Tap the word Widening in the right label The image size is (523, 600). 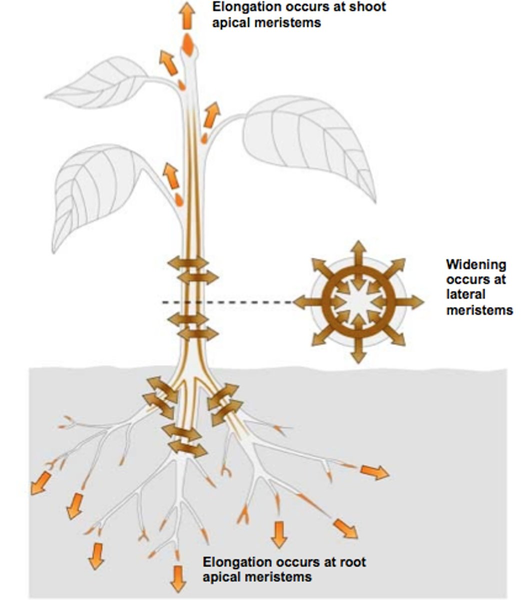coord(476,264)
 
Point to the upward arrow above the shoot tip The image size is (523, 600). coord(187,15)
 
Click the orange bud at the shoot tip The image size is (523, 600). coord(188,44)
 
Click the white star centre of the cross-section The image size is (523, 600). coord(358,302)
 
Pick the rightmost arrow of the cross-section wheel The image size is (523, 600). coord(409,302)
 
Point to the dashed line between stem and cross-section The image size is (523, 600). coord(227,302)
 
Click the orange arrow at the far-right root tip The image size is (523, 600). coord(374,472)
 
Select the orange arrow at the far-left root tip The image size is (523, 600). coord(40,483)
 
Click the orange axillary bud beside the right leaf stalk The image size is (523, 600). coord(204,138)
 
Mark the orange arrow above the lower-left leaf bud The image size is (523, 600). coord(170,175)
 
